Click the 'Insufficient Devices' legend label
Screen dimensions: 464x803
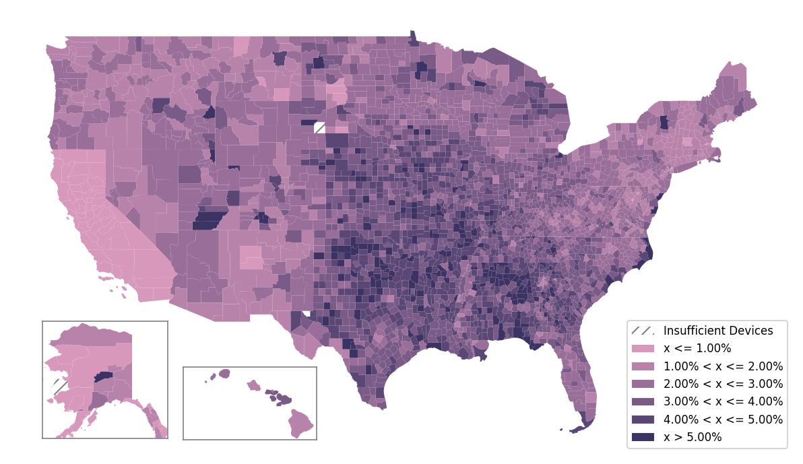click(x=718, y=331)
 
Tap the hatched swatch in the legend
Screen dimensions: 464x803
click(x=643, y=331)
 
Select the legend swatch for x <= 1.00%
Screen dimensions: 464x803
click(x=643, y=348)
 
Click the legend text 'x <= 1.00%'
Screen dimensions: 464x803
click(x=697, y=348)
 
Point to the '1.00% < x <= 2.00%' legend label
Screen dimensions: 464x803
click(x=723, y=366)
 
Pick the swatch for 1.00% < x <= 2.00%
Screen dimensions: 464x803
click(x=643, y=366)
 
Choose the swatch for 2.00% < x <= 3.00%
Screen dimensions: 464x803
click(x=643, y=384)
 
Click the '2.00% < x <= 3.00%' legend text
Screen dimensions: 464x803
click(x=723, y=384)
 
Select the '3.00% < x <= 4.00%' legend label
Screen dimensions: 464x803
click(x=723, y=401)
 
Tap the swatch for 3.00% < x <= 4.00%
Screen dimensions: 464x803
click(x=643, y=401)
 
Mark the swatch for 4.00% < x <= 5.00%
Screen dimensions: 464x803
click(x=643, y=420)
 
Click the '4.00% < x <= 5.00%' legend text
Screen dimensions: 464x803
click(x=723, y=420)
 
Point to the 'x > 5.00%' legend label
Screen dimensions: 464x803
click(x=693, y=437)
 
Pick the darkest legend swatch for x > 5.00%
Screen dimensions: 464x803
click(x=643, y=437)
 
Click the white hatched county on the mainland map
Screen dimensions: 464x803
click(x=319, y=128)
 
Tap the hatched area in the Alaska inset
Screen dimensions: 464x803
click(x=59, y=387)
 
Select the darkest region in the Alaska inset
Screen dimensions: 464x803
click(x=102, y=377)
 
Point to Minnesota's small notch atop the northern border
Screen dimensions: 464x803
click(x=412, y=37)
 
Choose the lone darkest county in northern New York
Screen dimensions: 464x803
click(x=664, y=122)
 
